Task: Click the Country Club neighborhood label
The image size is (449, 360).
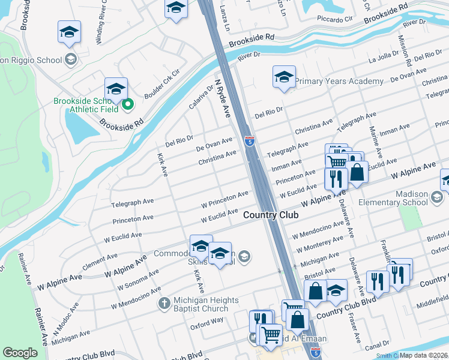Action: point(267,214)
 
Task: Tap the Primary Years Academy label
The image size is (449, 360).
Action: point(339,81)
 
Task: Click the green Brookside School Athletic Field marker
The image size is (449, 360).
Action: point(127,105)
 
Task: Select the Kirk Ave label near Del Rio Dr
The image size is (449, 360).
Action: point(162,164)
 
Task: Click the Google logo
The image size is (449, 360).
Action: point(20,353)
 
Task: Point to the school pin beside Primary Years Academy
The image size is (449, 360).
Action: point(284,77)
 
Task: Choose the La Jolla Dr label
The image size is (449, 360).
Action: point(380,58)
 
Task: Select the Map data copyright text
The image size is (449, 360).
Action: point(423,355)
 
